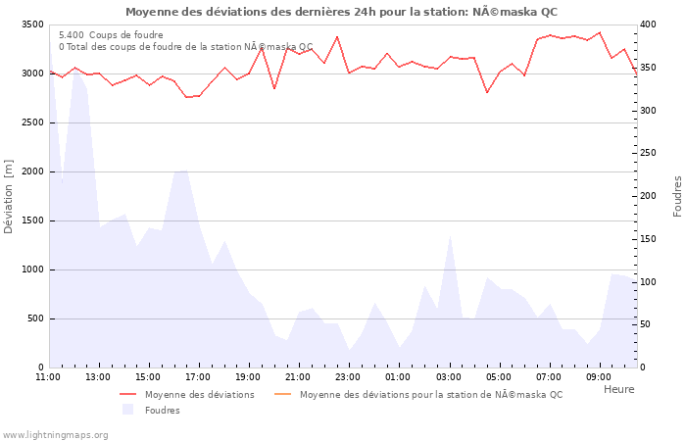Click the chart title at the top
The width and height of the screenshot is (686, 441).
coord(341,12)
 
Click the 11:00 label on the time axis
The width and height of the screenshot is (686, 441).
coord(48,376)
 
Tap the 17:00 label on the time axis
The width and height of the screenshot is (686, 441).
coord(198,376)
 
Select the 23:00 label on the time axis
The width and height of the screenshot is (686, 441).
coord(349,376)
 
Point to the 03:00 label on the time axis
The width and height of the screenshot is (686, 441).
coord(449,376)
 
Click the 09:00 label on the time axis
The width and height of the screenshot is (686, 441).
coord(599,376)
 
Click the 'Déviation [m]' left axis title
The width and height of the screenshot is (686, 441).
coord(9,196)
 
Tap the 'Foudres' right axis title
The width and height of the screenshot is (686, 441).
coord(677,196)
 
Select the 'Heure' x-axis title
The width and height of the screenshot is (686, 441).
coord(618,389)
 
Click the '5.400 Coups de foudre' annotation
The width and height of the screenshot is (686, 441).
coord(111,35)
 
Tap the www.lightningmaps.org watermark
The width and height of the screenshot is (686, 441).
coord(56,434)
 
